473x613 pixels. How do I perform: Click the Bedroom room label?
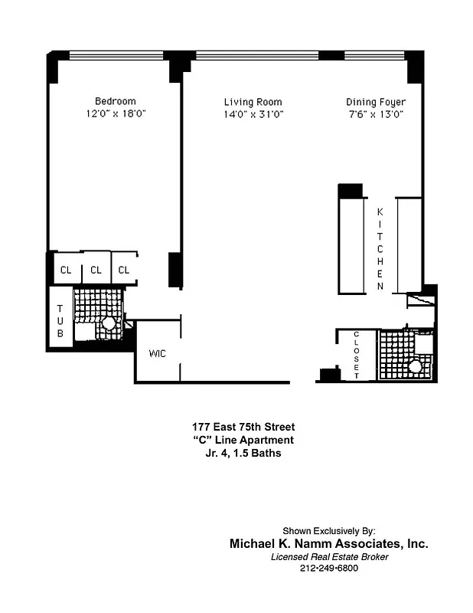115,101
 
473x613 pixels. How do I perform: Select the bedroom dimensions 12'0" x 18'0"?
115,113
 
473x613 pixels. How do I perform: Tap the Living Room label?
253,102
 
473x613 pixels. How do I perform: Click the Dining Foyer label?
375,102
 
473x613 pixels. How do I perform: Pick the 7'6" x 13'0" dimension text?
375,114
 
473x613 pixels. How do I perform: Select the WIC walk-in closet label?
157,353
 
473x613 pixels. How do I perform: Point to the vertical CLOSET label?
357,355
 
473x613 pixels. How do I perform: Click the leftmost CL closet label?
66,270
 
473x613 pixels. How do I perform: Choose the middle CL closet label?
96,270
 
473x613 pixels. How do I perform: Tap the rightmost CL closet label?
124,270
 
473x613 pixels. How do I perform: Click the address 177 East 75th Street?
243,427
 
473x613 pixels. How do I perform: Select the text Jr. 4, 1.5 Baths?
242,453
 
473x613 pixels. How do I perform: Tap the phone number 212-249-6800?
329,569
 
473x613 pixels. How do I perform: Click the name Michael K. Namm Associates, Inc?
329,543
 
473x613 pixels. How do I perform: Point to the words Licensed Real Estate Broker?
329,557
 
